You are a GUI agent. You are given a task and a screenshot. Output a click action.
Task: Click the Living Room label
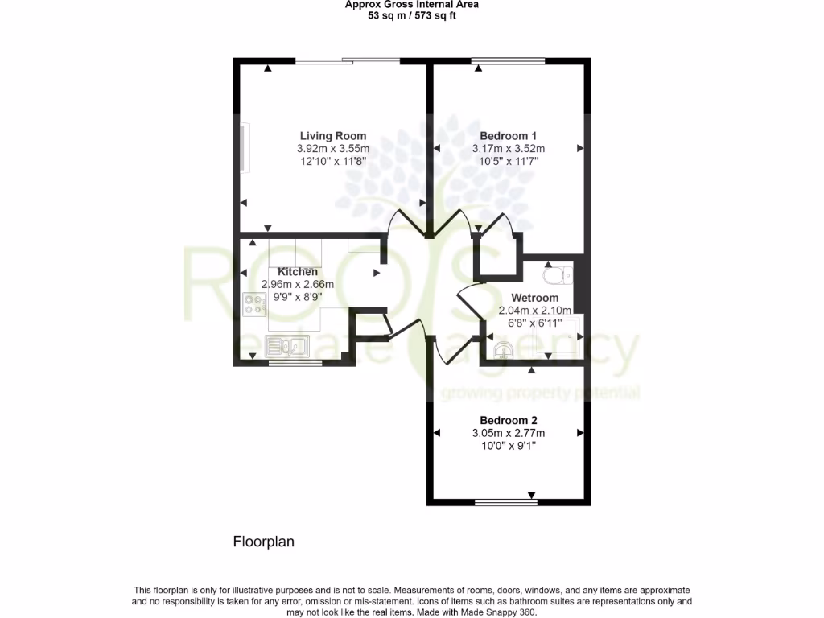click(333, 136)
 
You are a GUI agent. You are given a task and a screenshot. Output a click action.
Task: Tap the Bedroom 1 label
click(508, 136)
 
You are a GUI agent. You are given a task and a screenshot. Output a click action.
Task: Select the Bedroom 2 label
click(508, 420)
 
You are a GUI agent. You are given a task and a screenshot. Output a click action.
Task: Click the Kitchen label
click(298, 272)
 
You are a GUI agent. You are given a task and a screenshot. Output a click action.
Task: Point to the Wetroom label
click(534, 298)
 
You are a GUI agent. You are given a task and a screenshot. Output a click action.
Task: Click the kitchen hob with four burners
click(255, 305)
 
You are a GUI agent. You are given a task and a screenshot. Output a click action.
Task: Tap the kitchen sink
click(286, 348)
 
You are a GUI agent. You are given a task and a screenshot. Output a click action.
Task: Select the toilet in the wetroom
click(556, 277)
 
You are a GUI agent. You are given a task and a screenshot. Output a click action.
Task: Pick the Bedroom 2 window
click(506, 502)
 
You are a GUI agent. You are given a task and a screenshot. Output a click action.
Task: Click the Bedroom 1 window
click(508, 60)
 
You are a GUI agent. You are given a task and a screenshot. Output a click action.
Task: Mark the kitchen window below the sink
click(295, 363)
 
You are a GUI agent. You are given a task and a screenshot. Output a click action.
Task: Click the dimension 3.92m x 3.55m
click(333, 149)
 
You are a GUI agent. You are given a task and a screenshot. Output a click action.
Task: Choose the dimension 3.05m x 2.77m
click(508, 433)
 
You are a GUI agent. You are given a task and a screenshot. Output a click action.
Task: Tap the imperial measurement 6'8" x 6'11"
click(534, 323)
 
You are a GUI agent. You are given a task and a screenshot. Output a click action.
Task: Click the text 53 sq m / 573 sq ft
click(411, 15)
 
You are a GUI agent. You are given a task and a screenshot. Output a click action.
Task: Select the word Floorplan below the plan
click(264, 542)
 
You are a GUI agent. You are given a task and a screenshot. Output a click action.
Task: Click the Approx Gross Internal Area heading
click(411, 5)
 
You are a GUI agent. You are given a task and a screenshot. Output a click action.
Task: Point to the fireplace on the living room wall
click(242, 146)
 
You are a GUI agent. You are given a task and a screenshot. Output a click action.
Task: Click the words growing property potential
click(540, 393)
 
